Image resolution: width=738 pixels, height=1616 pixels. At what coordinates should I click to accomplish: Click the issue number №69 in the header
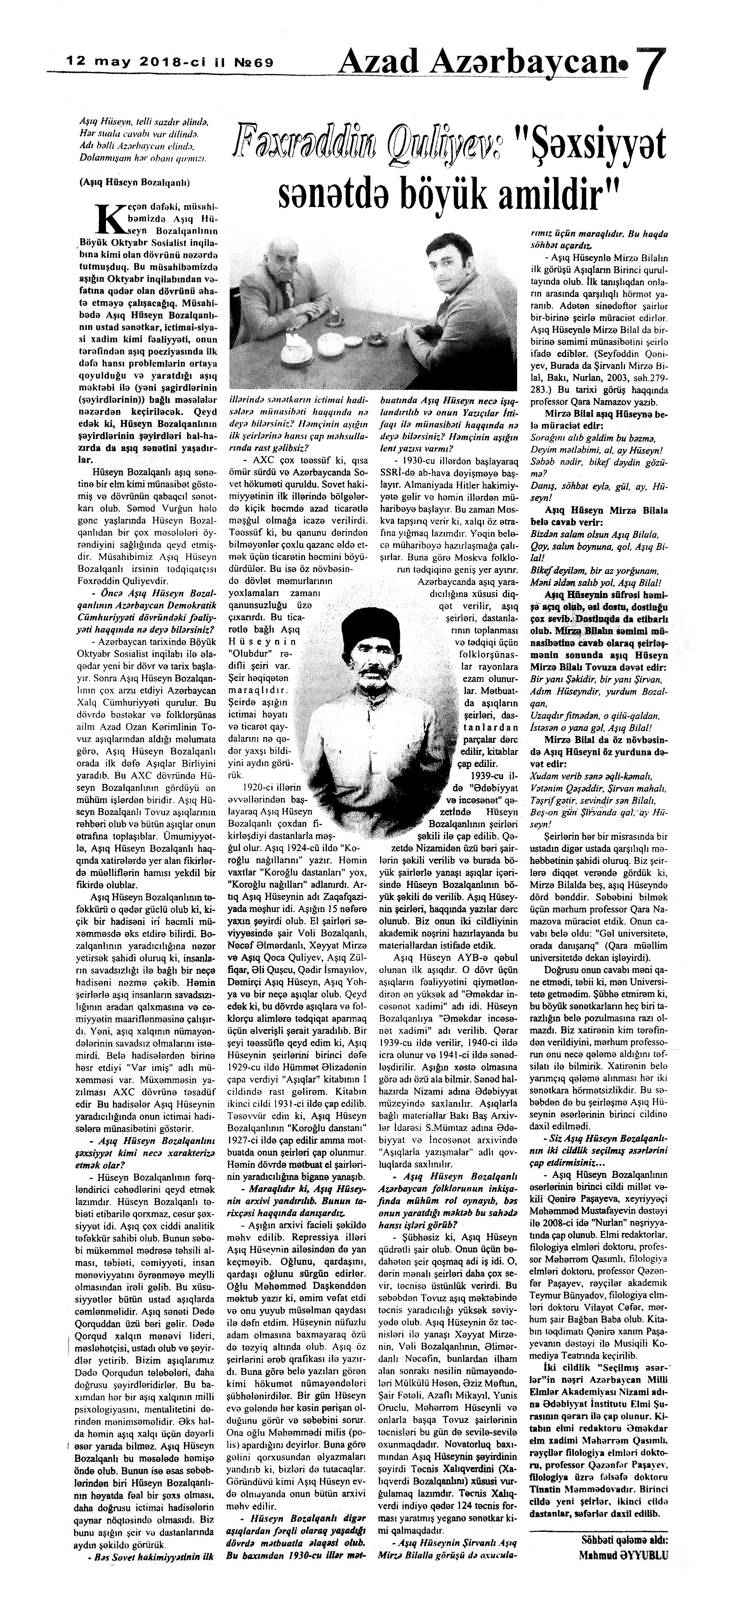(x=249, y=63)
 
